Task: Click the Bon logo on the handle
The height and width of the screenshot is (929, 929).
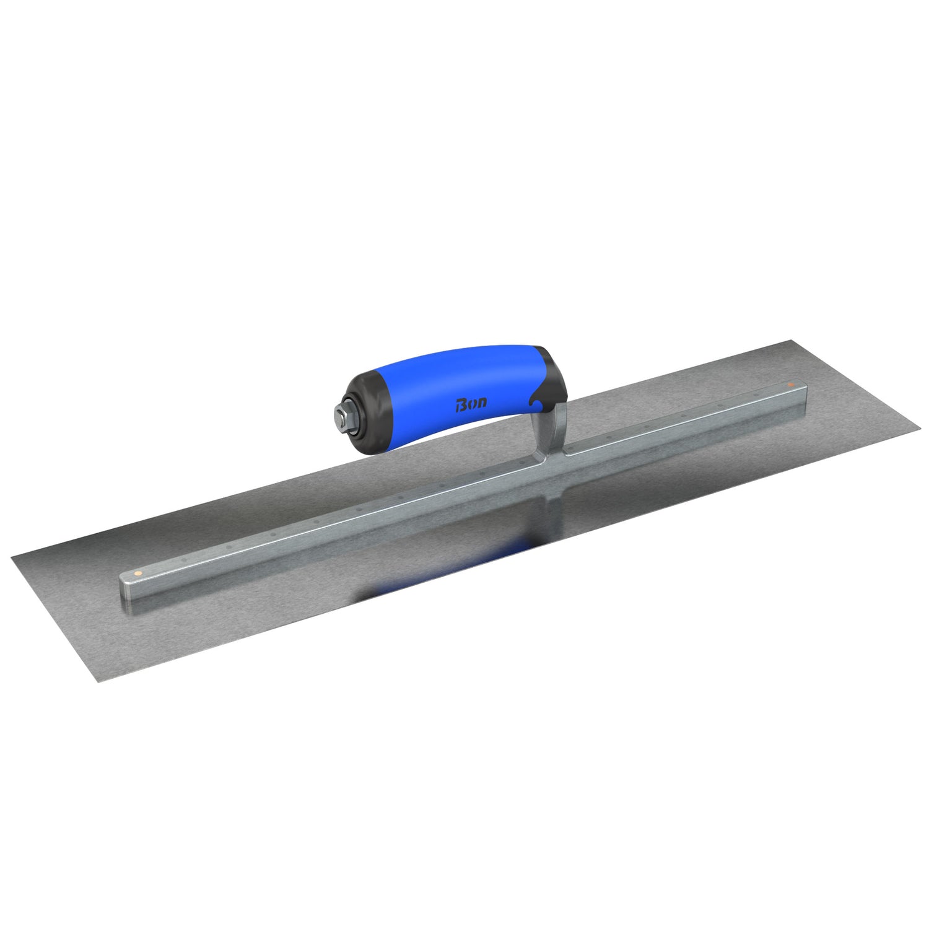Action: (x=471, y=403)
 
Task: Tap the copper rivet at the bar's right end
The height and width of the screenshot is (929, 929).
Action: (x=792, y=385)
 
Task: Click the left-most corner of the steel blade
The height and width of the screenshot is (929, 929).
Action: (x=12, y=557)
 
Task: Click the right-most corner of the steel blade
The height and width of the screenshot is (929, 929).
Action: (x=919, y=425)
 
